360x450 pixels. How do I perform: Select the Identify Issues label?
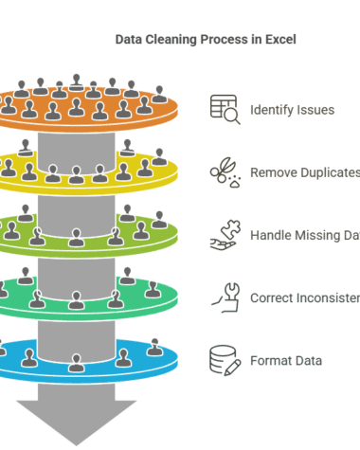click(x=292, y=110)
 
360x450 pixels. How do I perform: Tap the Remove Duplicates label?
click(x=304, y=173)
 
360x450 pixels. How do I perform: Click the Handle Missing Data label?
click(x=304, y=236)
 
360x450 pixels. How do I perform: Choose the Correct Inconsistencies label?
click(x=304, y=298)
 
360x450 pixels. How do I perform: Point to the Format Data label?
click(x=286, y=361)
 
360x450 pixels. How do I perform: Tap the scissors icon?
click(x=224, y=172)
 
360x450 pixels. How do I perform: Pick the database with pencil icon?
click(x=224, y=361)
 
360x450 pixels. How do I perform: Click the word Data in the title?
click(x=129, y=41)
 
